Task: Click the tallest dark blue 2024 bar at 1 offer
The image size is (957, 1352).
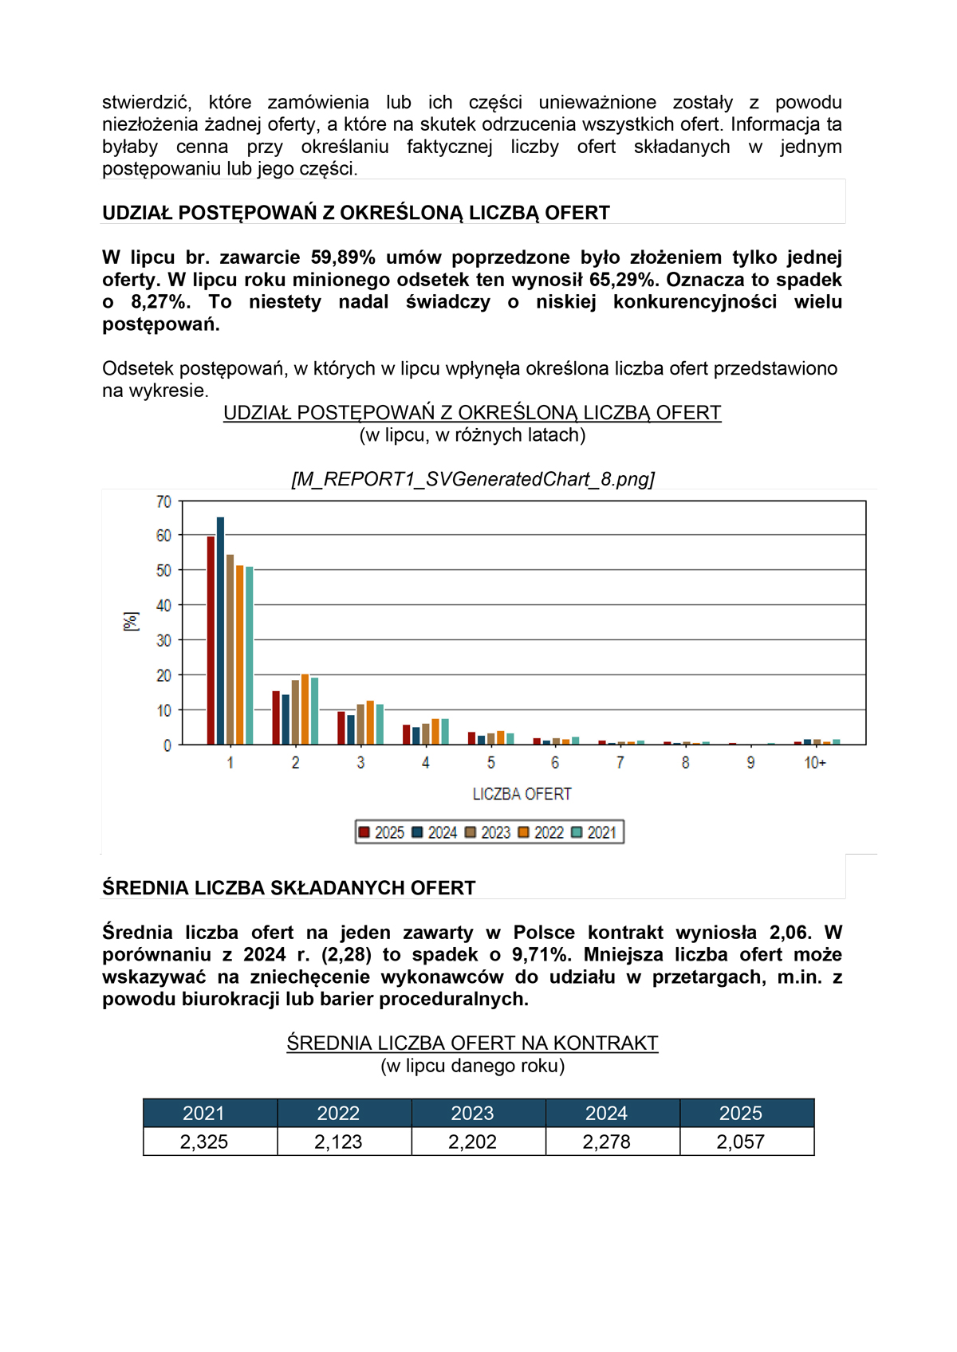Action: click(221, 630)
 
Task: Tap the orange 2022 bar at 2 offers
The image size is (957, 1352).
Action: click(305, 709)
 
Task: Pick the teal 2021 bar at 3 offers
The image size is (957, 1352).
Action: click(380, 725)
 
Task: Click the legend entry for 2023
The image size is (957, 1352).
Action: click(488, 832)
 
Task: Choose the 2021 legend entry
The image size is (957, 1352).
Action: click(594, 832)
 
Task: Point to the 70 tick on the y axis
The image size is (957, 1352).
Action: click(163, 501)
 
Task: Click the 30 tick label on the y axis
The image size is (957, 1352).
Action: click(163, 640)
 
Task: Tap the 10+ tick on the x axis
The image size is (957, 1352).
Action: click(815, 763)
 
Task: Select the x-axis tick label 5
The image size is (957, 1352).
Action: click(490, 763)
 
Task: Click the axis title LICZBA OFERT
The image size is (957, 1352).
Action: click(522, 794)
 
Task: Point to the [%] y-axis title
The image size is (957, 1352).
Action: click(131, 622)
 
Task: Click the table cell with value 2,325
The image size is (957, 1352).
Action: click(204, 1142)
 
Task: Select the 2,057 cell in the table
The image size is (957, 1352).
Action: click(740, 1142)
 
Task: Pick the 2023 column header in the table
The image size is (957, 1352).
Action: click(472, 1113)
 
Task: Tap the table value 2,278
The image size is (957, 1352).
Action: click(606, 1142)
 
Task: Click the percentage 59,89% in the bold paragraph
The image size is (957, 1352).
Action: click(343, 257)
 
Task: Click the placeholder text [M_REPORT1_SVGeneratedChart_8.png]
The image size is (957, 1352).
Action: click(473, 479)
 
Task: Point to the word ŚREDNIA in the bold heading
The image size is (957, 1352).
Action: click(146, 888)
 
